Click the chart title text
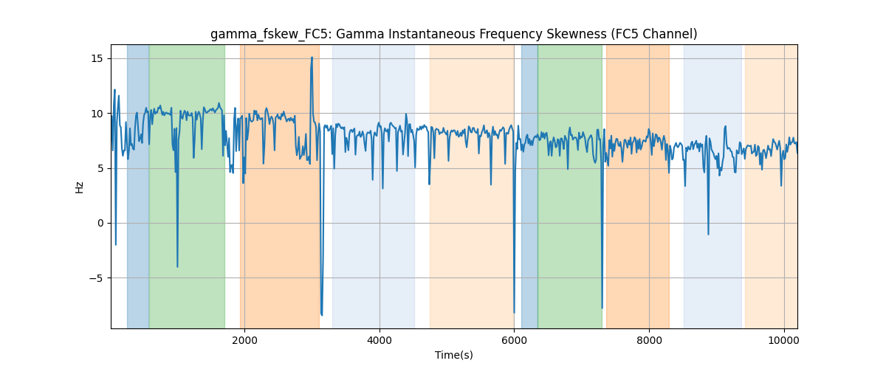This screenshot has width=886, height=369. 453,34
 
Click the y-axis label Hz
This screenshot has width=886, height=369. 80,187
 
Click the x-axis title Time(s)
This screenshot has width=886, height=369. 453,355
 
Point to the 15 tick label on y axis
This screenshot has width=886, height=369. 97,59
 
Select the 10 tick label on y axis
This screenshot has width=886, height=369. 97,114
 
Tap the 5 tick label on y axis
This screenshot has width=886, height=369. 100,168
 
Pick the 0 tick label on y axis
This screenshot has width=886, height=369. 100,224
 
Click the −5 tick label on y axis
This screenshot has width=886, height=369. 96,278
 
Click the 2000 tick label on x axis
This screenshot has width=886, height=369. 245,340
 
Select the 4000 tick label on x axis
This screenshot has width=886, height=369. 380,340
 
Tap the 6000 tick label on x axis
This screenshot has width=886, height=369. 514,340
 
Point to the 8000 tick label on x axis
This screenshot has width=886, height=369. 649,340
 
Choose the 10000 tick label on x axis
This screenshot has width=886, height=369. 784,340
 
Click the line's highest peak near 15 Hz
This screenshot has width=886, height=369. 312,58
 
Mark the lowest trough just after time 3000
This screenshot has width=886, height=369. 322,315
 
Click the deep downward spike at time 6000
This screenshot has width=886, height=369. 514,313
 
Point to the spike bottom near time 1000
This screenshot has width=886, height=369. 177,267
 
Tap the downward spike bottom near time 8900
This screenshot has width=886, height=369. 708,235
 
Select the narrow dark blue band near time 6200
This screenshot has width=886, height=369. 529,187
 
